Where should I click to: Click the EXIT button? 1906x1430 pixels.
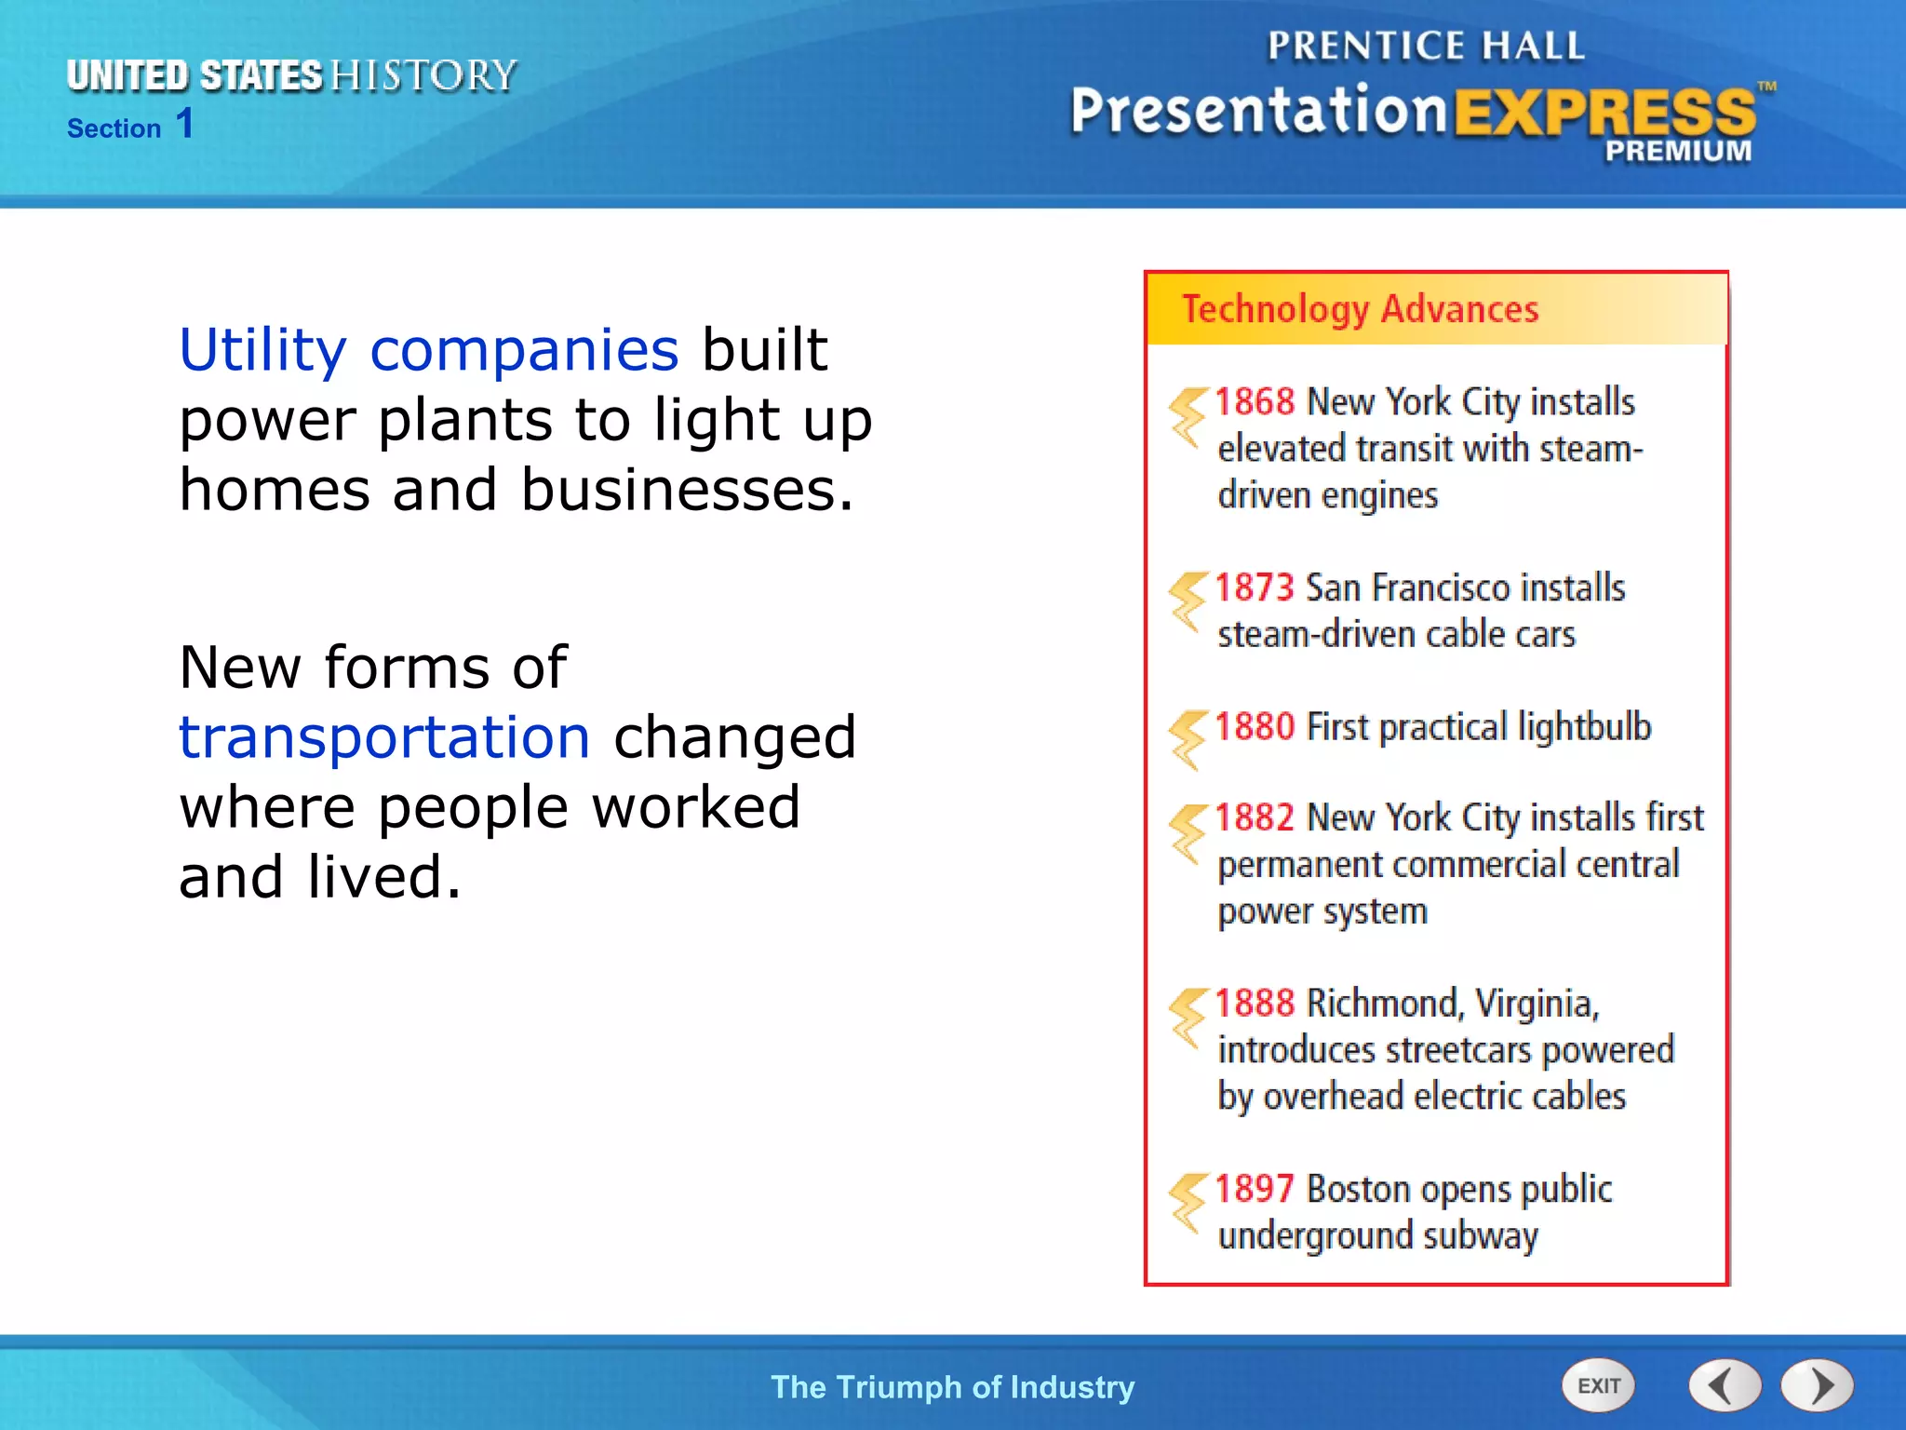click(1598, 1385)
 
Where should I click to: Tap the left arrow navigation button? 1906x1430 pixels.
click(1725, 1385)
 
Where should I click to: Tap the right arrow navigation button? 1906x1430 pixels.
click(1817, 1385)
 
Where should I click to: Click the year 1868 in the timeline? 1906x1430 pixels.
click(1255, 402)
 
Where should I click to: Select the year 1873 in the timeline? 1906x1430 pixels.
click(1255, 588)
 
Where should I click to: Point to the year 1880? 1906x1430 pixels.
click(1255, 727)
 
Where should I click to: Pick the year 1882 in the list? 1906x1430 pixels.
click(1255, 817)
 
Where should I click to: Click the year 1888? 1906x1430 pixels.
click(1255, 1004)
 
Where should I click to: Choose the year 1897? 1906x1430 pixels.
click(1255, 1189)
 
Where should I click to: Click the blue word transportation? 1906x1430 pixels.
click(384, 737)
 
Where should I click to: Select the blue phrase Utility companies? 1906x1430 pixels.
click(429, 350)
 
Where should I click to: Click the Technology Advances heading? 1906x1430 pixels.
click(1360, 309)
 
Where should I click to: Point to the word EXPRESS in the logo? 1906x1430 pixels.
click(1604, 114)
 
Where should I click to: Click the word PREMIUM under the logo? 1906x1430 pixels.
click(1677, 151)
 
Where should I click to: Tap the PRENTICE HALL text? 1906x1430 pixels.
click(1426, 47)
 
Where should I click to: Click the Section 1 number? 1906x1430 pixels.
click(184, 124)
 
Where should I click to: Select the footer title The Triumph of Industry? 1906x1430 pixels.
click(952, 1387)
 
